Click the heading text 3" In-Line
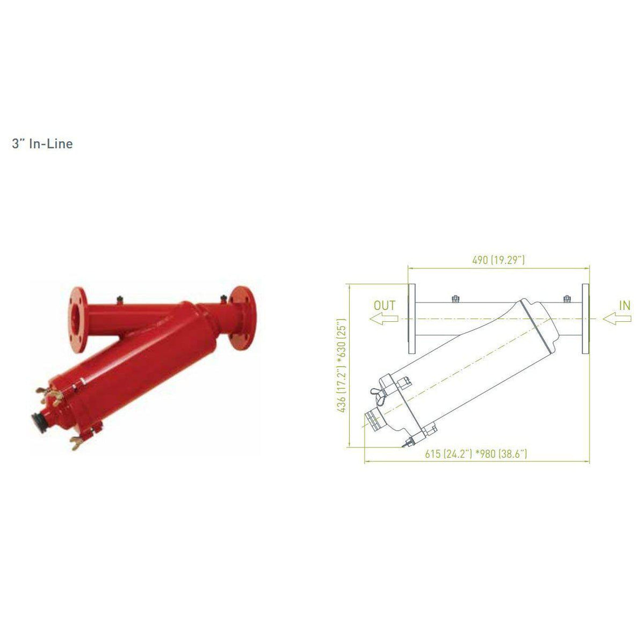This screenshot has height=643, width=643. point(42,144)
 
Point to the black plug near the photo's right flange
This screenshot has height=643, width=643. point(221,297)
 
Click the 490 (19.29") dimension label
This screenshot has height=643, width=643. point(498,260)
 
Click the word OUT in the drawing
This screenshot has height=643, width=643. point(385,305)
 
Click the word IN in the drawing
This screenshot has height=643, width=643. point(624,305)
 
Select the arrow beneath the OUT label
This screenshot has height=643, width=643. point(384,319)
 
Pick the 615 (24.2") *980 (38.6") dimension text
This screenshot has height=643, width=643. point(476,454)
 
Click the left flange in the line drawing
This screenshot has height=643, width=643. point(411,319)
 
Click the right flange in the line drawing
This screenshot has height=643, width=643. point(586,319)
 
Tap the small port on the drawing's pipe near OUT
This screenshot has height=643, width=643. point(454,298)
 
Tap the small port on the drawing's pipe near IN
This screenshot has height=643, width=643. point(566,298)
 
